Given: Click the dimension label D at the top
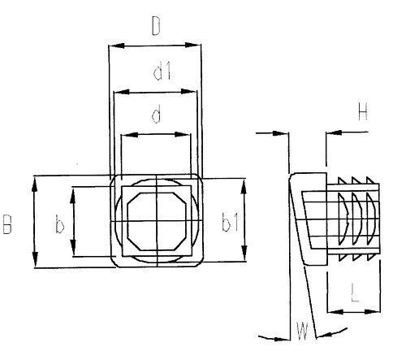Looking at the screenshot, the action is click(x=156, y=26).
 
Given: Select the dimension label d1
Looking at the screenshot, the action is click(x=162, y=71).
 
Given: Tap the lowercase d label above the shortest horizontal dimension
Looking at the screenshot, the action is click(x=157, y=114).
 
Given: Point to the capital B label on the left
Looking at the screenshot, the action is click(x=7, y=224).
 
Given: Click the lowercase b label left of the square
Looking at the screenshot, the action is click(x=59, y=224).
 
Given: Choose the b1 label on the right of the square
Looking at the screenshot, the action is click(x=231, y=223).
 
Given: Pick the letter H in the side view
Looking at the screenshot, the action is click(x=363, y=111).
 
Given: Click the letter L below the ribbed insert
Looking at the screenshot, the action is click(x=355, y=293).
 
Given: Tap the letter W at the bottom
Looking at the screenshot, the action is click(x=302, y=331).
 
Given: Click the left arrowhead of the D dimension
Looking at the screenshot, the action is click(x=117, y=46).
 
